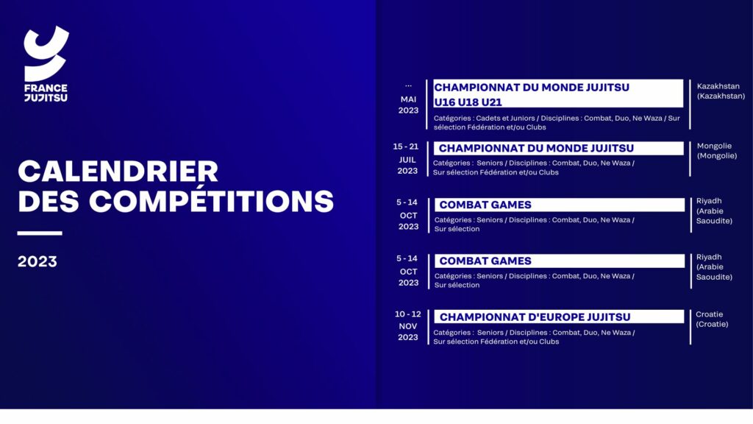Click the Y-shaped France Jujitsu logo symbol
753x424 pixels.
click(46, 53)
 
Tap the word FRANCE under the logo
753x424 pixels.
click(46, 88)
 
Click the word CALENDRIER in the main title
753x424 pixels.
click(118, 171)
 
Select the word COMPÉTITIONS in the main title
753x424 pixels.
click(211, 201)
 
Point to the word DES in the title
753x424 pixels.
click(48, 201)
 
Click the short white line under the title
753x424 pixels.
click(40, 233)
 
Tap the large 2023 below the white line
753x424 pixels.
click(37, 261)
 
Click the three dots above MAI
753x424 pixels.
click(408, 86)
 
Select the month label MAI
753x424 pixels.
click(408, 99)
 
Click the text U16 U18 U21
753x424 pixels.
click(468, 102)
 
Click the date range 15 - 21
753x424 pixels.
click(405, 146)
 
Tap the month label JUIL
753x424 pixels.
click(407, 160)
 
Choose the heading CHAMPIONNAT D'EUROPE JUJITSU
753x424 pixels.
click(535, 317)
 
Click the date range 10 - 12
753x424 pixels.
click(407, 314)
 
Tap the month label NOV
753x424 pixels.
click(407, 326)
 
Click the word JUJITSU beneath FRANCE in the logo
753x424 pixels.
click(46, 98)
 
